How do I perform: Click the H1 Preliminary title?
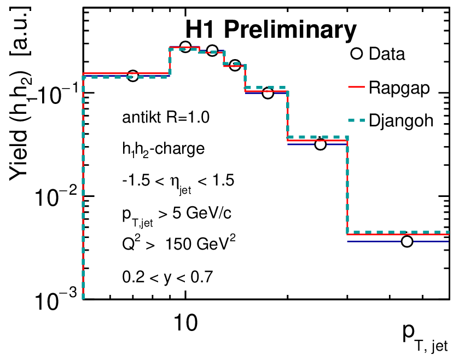coord(270,31)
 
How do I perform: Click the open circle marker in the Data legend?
coord(357,54)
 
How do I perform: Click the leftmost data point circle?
coord(132,76)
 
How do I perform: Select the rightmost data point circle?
coord(406,241)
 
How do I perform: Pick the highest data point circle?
coord(185,47)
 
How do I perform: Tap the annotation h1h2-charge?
coord(156,148)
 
